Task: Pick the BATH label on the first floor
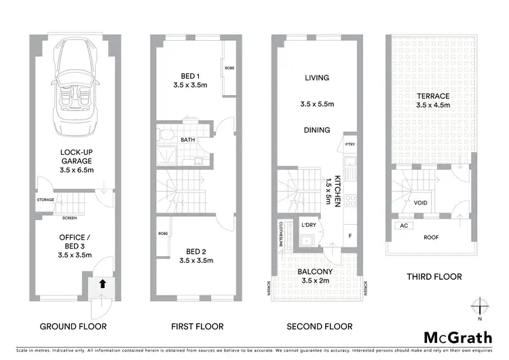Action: [x=188, y=141]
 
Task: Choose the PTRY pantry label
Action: [x=350, y=144]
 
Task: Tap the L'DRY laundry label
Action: [x=309, y=225]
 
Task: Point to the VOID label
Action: [x=421, y=202]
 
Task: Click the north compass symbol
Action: [x=480, y=306]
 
